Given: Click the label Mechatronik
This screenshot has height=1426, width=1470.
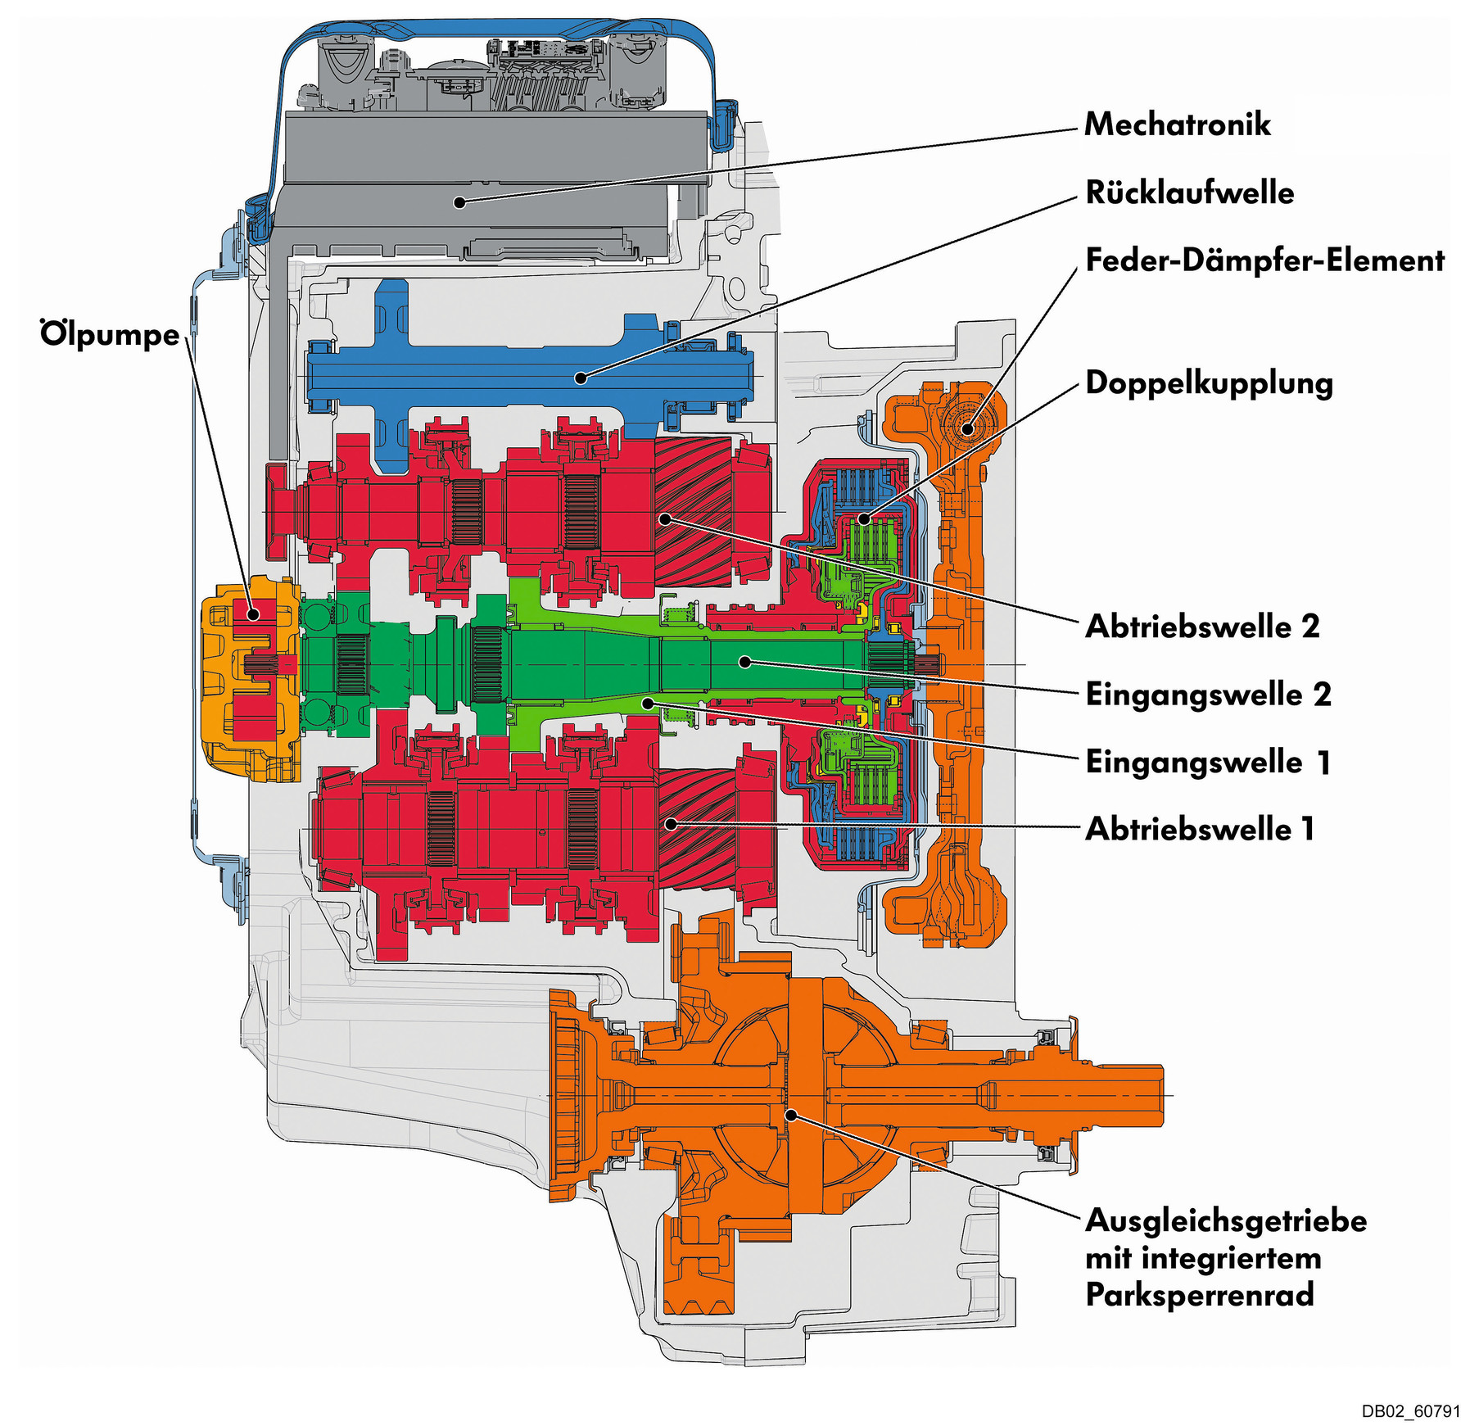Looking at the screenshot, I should (1176, 124).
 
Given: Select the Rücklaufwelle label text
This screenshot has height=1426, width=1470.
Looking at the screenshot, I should (1189, 193).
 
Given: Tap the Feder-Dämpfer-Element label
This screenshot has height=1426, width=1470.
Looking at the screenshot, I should (1264, 260).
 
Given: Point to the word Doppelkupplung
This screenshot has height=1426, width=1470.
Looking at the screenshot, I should (1209, 383).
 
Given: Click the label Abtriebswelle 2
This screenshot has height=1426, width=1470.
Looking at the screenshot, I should (1202, 627).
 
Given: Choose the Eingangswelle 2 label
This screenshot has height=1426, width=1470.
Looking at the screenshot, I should (1208, 695).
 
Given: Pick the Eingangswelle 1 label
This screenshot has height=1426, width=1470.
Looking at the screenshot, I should (1207, 763).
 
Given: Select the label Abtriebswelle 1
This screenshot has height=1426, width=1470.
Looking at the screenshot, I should (1200, 830).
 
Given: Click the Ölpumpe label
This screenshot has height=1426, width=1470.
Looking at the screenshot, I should (110, 335).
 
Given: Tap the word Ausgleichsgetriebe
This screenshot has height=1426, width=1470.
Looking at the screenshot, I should (1226, 1220).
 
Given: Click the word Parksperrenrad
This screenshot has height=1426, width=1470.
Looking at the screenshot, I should (1200, 1295).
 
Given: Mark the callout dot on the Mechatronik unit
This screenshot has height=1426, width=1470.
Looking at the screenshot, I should (460, 201).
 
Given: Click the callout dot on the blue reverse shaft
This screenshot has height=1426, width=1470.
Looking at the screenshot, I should (580, 378).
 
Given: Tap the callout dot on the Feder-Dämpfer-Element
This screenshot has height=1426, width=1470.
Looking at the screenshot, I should (968, 428).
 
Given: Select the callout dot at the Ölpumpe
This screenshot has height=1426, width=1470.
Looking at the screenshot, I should (254, 613).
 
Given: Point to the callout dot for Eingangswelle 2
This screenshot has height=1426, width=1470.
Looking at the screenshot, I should (745, 662).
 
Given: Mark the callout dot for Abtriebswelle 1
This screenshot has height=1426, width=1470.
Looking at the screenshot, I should (671, 823).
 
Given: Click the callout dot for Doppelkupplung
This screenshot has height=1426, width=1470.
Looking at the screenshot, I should (864, 518).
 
